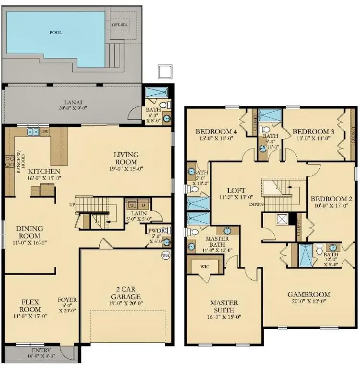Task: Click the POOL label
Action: pyautogui.click(x=56, y=33)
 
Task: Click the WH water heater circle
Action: pyautogui.click(x=166, y=255)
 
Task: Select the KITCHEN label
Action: pyautogui.click(x=43, y=172)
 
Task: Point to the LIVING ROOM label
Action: pyautogui.click(x=126, y=158)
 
